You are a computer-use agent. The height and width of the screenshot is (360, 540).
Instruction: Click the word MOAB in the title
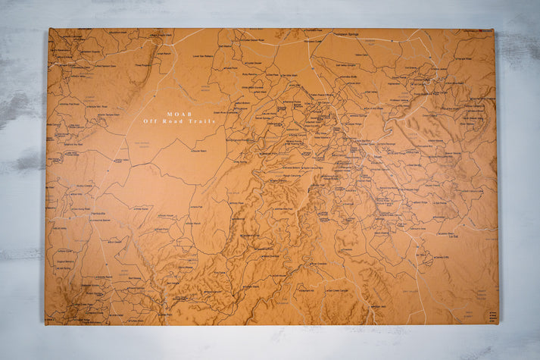179,114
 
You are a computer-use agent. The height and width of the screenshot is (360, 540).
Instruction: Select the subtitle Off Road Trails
179,121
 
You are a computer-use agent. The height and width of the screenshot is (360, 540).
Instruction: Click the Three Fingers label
142,65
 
